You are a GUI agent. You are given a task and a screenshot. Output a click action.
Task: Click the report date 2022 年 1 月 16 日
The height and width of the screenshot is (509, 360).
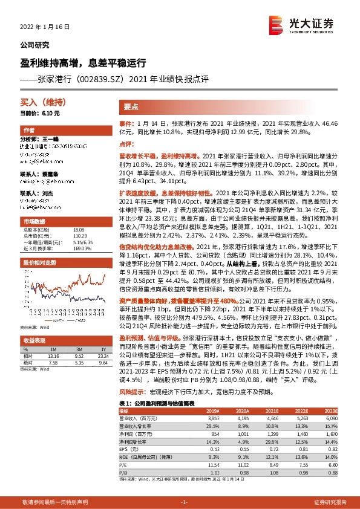45,27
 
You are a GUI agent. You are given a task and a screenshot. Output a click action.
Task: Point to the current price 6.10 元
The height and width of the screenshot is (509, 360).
40,113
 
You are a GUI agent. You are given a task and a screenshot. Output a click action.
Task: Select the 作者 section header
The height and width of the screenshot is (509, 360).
29,131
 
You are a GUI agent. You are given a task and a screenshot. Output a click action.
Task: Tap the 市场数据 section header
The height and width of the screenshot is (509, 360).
34,204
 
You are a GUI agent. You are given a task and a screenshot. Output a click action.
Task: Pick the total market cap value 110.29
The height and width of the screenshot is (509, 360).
78,218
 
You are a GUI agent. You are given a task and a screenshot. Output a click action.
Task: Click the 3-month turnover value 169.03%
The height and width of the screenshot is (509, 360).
80,231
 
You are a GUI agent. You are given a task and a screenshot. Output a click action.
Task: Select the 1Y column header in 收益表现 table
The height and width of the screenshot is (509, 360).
102,349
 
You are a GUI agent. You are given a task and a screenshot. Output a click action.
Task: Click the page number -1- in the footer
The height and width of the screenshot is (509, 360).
180,502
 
